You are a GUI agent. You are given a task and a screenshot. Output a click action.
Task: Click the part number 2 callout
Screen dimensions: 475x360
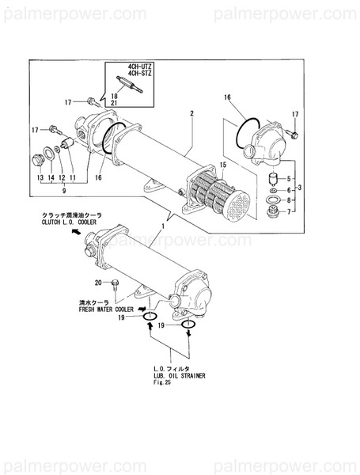click(191, 114)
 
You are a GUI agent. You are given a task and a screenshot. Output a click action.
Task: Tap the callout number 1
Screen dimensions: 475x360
click(165, 226)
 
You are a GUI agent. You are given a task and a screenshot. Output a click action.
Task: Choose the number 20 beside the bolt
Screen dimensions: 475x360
click(98, 283)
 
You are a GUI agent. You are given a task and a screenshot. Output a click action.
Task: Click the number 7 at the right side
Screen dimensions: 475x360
click(289, 211)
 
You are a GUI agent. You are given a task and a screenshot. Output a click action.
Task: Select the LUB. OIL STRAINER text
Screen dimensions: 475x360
click(180, 376)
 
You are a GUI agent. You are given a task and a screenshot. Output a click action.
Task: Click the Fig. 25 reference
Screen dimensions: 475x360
click(163, 383)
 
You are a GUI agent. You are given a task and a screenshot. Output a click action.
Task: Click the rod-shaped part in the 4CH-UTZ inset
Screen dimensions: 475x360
click(127, 85)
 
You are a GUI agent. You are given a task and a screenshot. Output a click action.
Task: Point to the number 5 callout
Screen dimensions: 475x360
click(289, 179)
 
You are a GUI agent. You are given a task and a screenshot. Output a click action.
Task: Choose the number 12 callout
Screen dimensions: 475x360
click(62, 179)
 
